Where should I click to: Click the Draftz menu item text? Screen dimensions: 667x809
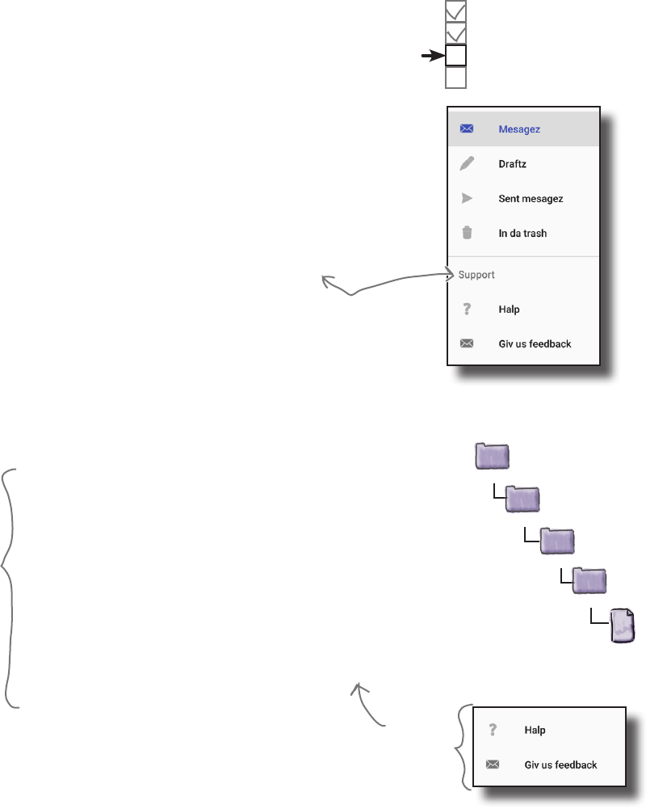[x=513, y=164]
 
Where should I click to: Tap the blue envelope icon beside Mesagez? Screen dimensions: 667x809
[x=467, y=129]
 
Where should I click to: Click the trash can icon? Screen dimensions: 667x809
[x=467, y=234]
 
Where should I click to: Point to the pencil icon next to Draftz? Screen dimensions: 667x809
[x=467, y=164]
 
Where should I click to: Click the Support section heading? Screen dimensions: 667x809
[x=476, y=275]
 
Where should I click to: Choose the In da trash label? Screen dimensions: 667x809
[x=522, y=234]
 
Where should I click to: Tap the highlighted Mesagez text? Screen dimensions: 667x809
[x=519, y=129]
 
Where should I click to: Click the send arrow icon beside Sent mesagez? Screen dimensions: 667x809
[x=467, y=199]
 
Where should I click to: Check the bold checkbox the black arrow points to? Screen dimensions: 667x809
[x=456, y=56]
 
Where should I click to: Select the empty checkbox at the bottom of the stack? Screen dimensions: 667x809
[x=456, y=78]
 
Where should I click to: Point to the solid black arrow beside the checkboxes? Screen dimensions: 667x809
[x=432, y=56]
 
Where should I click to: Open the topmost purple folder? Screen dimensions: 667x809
[x=493, y=457]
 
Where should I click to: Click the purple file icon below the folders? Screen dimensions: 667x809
[x=622, y=626]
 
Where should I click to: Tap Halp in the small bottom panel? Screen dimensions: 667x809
[x=535, y=730]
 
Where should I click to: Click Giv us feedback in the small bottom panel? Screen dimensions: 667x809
[x=561, y=764]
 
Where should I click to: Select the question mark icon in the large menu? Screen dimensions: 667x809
[x=467, y=310]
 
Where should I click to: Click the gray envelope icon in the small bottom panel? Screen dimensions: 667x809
[x=493, y=764]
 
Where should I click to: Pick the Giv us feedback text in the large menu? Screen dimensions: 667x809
[x=535, y=344]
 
